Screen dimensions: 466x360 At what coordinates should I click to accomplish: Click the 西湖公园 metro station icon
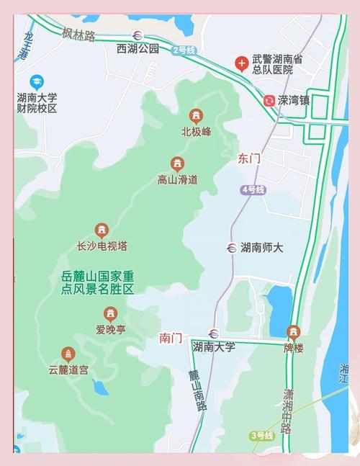[137, 35]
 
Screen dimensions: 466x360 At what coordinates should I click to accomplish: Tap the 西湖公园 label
[137, 49]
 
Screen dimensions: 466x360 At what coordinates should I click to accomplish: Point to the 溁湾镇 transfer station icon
[269, 101]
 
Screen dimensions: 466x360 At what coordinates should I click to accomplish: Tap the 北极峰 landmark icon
[195, 116]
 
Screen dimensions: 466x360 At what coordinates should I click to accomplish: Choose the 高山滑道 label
[177, 179]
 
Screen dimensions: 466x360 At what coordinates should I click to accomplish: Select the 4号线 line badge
[253, 189]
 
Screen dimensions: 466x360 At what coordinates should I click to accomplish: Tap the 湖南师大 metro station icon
[230, 248]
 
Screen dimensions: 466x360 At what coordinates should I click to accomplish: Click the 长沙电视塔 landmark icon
[102, 230]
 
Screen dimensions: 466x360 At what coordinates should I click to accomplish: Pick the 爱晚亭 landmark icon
[110, 314]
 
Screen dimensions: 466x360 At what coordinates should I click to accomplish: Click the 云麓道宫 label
[69, 370]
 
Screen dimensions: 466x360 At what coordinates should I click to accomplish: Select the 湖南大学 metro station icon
[213, 333]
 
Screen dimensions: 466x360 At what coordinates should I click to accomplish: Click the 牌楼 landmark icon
[293, 332]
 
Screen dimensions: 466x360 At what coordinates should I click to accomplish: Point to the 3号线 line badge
[262, 436]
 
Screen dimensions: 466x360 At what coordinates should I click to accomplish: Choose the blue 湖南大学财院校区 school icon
[36, 82]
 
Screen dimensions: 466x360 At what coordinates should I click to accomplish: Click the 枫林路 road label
[78, 34]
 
